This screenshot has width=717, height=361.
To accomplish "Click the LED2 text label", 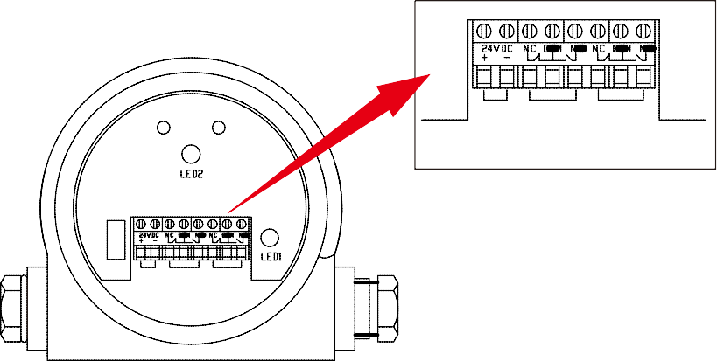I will tap(193, 174).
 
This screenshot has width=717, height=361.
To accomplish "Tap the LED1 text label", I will tap(271, 256).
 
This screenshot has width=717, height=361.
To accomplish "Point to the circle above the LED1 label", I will tap(271, 237).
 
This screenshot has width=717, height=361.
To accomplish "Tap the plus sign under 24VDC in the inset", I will tap(484, 58).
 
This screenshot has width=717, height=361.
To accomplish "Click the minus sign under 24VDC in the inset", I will tap(506, 58).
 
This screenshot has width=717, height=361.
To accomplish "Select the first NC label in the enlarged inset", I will tap(530, 48).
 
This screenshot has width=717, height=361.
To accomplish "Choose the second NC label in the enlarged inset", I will tap(599, 48).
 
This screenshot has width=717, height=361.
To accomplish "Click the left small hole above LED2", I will tap(163, 128).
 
